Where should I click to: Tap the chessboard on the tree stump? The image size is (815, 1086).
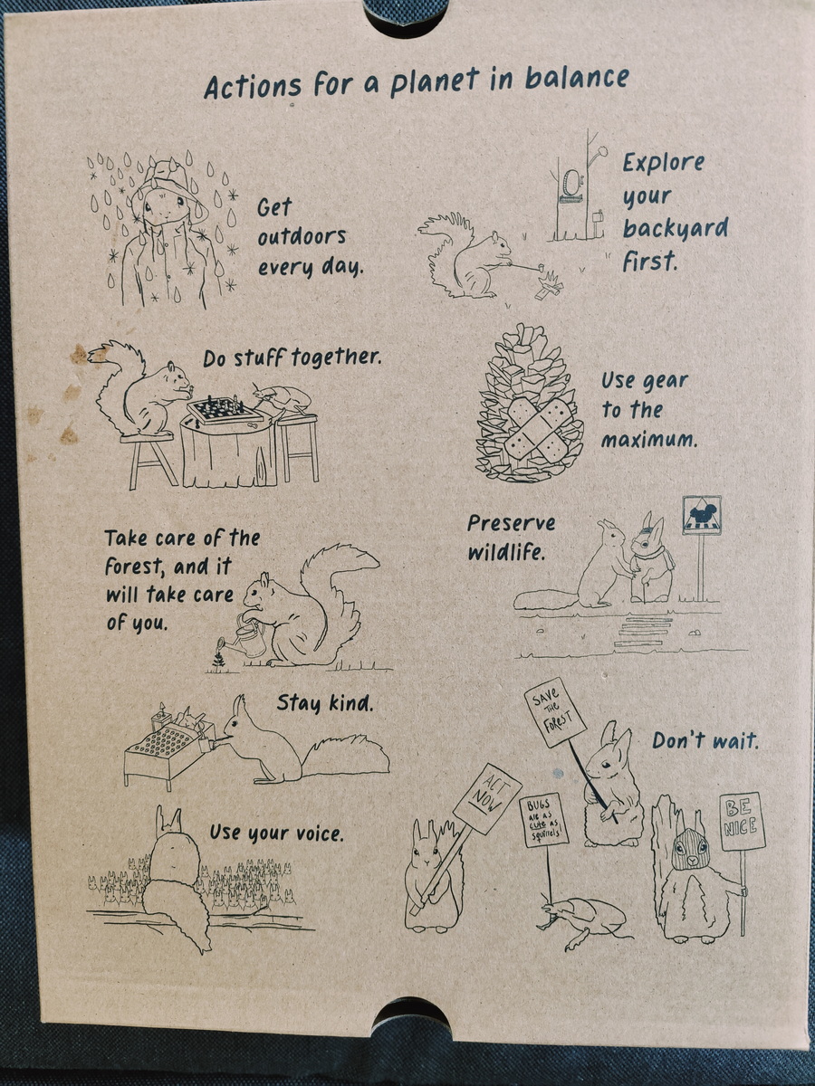pyautogui.click(x=224, y=409)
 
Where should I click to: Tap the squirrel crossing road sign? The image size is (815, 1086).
pyautogui.click(x=701, y=516)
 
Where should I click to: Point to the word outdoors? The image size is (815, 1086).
pyautogui.click(x=302, y=237)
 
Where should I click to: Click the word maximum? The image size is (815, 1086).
pyautogui.click(x=648, y=439)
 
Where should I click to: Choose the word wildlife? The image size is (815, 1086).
pyautogui.click(x=505, y=552)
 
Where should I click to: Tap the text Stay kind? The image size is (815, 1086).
pyautogui.click(x=324, y=703)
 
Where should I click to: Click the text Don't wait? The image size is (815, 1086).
pyautogui.click(x=705, y=740)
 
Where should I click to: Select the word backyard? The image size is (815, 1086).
pyautogui.click(x=675, y=229)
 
